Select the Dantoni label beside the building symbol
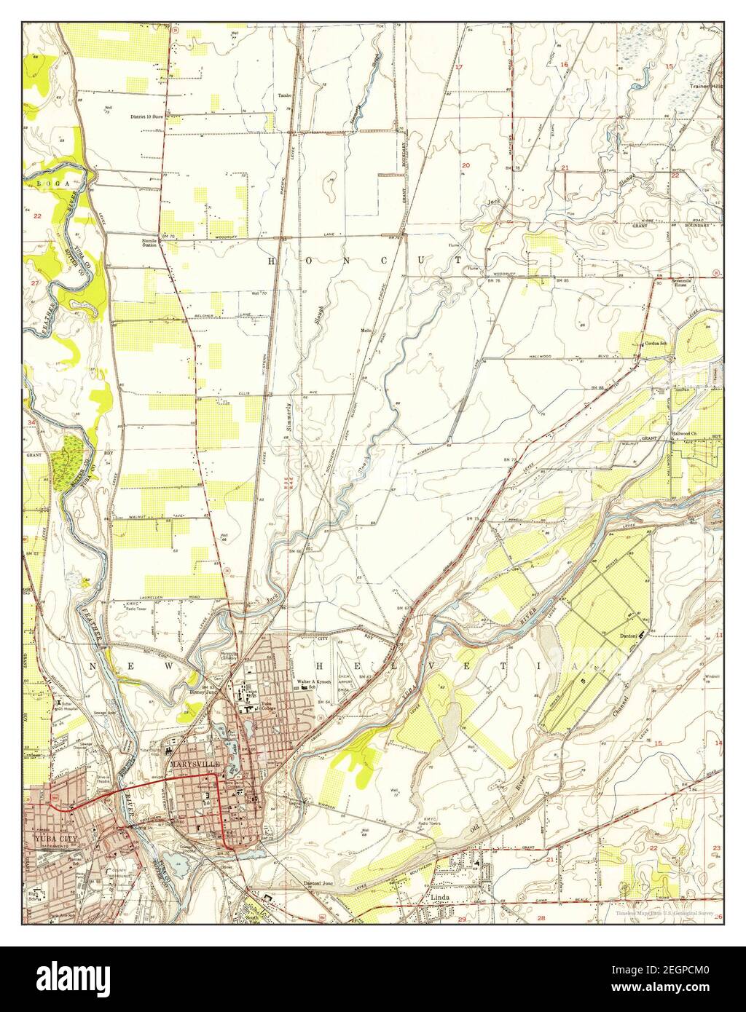pyautogui.click(x=628, y=636)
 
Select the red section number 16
pyautogui.click(x=564, y=66)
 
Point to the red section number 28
pyautogui.click(x=541, y=918)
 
